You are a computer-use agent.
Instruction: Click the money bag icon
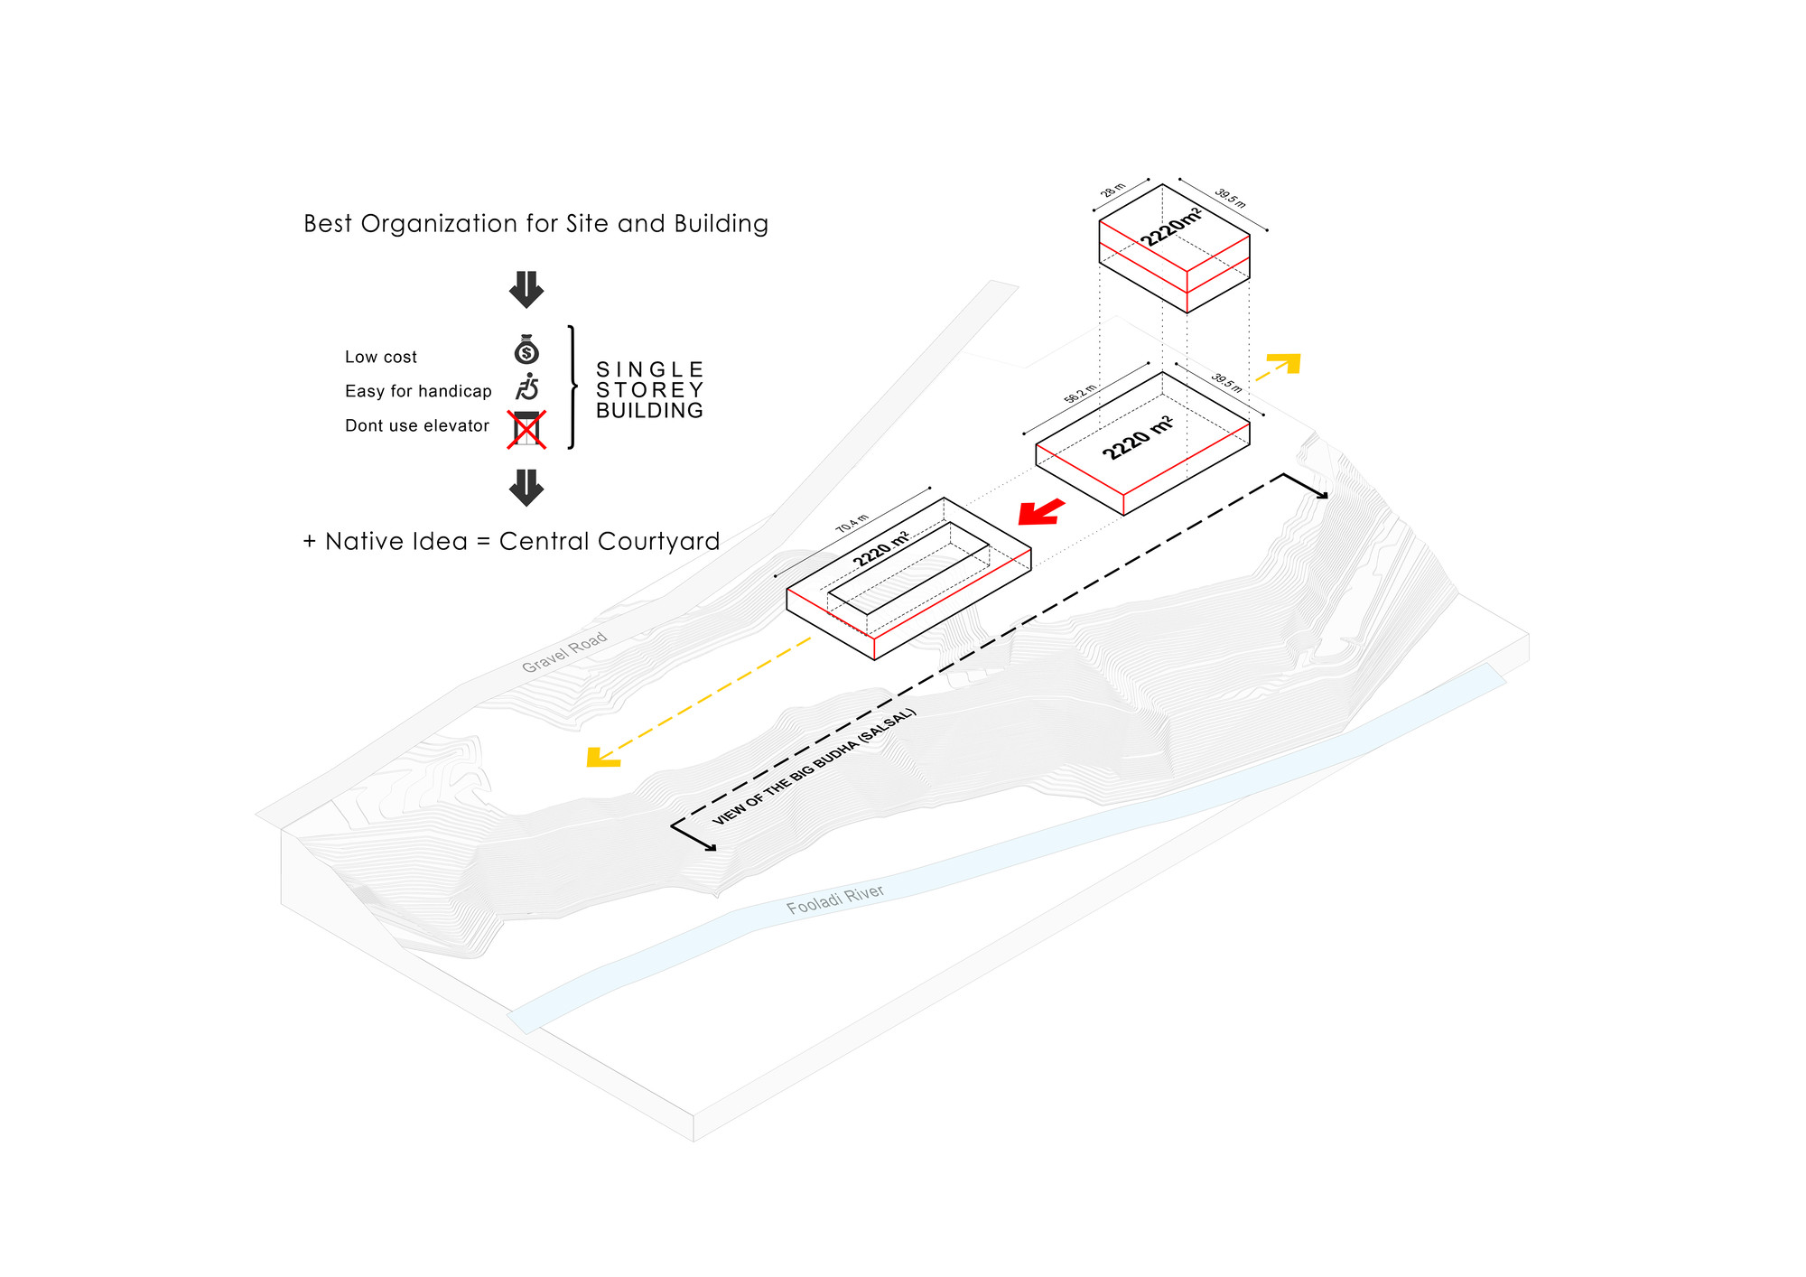(526, 350)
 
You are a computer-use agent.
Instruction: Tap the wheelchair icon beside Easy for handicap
(527, 387)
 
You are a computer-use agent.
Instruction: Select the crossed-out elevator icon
(526, 429)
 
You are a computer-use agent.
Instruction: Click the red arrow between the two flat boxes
(1041, 512)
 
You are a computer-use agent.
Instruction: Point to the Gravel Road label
(564, 652)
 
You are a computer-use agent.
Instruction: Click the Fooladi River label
(834, 899)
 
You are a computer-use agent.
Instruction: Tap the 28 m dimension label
(1113, 191)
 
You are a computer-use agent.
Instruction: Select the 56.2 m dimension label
(1080, 394)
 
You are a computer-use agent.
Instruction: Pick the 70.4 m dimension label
(852, 524)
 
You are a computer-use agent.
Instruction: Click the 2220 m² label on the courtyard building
(881, 549)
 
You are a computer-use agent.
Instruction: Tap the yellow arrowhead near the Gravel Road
(600, 758)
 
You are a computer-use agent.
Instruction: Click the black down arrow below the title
(526, 289)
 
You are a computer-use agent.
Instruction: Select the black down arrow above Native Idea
(526, 487)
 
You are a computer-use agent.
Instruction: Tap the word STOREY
(649, 390)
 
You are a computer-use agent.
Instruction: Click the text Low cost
(380, 357)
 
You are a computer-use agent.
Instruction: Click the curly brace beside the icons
(573, 387)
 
